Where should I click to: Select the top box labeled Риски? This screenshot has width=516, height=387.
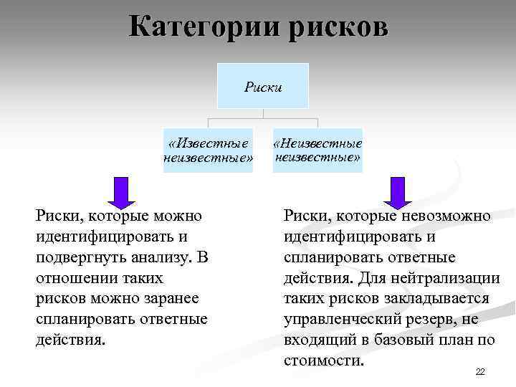[x=263, y=87]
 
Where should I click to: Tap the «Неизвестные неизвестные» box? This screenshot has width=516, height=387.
[x=317, y=150]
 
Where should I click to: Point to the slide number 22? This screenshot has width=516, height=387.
[x=480, y=371]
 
